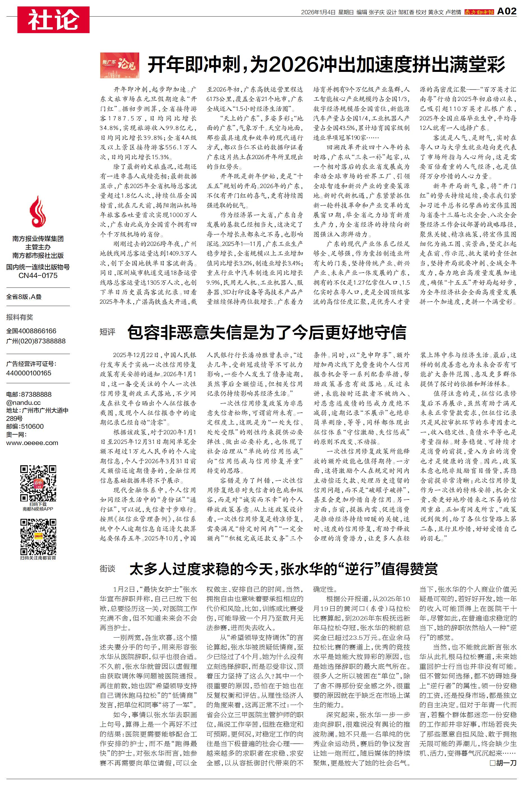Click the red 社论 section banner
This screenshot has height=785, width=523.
53,20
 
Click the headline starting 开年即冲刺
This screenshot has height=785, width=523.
326,64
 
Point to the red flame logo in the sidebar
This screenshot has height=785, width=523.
38,211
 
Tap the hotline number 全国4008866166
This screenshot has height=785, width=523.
31,331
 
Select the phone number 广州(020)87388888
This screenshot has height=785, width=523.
36,341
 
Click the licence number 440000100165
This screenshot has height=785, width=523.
29,373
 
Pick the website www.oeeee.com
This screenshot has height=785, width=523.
32,443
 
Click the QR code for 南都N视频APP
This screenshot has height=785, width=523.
38,483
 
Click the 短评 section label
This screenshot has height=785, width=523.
108,332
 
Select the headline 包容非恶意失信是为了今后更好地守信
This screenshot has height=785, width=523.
267,332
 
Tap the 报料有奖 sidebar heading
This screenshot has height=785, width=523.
20,317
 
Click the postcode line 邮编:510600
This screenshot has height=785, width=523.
25,426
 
